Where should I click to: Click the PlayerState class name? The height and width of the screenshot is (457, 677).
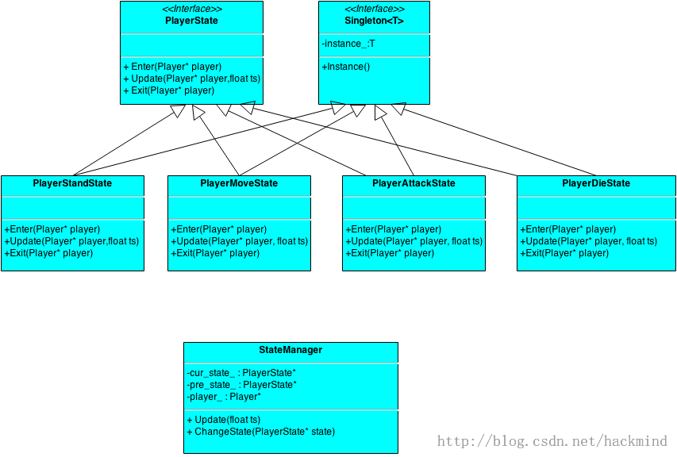click(x=191, y=21)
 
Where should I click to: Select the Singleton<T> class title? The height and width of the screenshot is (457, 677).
click(x=374, y=21)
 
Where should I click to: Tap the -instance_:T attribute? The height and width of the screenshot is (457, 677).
click(x=348, y=44)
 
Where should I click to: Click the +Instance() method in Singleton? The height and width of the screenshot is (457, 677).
click(x=346, y=67)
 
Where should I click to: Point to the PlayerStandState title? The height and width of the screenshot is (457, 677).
click(x=72, y=183)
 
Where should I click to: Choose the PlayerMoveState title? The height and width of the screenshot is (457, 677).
click(x=239, y=183)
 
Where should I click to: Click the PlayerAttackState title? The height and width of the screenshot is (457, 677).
click(x=414, y=183)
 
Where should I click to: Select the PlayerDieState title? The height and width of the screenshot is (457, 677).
click(x=596, y=183)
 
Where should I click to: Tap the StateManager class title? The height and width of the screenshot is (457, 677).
click(x=290, y=350)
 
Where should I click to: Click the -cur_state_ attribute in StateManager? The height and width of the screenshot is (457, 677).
click(x=241, y=373)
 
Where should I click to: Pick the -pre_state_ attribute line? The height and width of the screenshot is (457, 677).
click(x=242, y=385)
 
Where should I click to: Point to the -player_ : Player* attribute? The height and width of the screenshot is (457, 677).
click(x=224, y=397)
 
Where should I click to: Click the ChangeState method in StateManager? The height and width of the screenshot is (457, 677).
click(x=261, y=432)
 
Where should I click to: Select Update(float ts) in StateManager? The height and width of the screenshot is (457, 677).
click(x=224, y=420)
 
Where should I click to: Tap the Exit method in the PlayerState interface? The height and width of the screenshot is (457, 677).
click(x=169, y=90)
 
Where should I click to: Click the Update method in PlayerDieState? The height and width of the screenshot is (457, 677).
click(x=588, y=241)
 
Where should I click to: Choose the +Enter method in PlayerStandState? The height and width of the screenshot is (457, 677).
click(x=52, y=229)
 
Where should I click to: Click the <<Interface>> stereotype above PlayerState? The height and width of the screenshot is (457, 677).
click(x=192, y=9)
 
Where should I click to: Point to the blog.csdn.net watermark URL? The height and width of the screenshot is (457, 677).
click(x=552, y=441)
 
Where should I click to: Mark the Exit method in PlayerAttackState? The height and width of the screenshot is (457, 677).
click(x=390, y=253)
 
